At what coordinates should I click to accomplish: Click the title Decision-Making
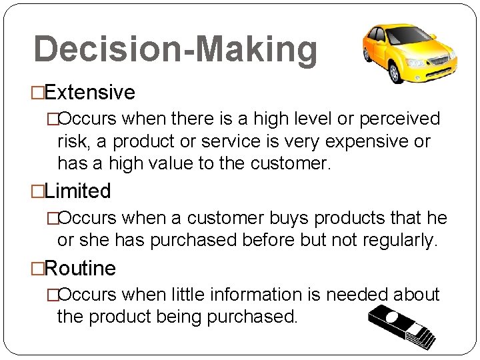tap(175, 49)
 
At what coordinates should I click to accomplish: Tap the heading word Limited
tap(79, 191)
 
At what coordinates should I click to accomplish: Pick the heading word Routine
tap(81, 269)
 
